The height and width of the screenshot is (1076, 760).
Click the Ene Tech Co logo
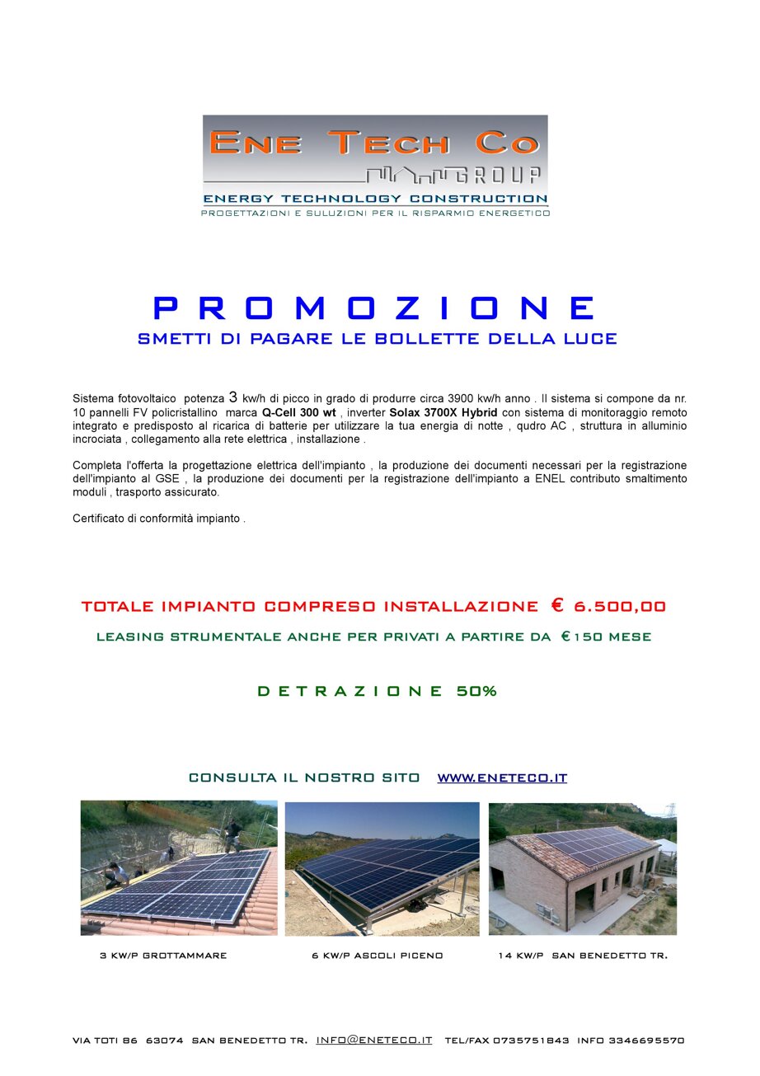tap(376, 166)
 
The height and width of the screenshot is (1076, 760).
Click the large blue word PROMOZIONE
tap(376, 308)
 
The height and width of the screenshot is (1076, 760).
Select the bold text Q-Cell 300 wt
tap(298, 412)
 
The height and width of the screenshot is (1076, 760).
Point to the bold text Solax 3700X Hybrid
tap(443, 412)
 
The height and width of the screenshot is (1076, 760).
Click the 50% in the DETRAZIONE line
tap(476, 692)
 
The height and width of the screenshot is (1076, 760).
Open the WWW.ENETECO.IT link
tap(502, 778)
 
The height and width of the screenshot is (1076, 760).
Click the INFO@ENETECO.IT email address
tap(374, 1041)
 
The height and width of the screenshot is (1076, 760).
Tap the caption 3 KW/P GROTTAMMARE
tap(163, 956)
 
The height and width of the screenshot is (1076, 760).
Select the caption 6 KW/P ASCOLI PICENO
tap(378, 956)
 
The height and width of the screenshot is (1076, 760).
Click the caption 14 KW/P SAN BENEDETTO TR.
tap(583, 956)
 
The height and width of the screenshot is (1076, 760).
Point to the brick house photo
tap(583, 868)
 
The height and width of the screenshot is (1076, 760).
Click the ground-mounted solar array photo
tap(382, 868)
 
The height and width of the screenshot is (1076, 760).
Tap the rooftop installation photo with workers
tap(179, 868)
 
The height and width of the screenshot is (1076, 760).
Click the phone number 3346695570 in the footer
tap(646, 1041)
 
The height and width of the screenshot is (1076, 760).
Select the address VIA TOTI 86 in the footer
tap(105, 1041)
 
